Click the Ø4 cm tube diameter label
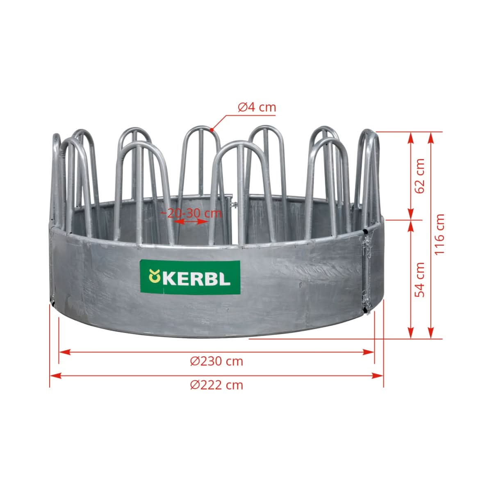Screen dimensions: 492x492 [257, 107]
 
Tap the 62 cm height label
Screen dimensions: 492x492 [420, 176]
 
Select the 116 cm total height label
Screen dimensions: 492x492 [439, 234]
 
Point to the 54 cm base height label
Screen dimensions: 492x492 [420, 280]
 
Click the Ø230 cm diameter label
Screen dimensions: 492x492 [216, 361]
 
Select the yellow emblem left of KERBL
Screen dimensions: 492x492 [155, 276]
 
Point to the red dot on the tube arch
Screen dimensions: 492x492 [212, 130]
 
